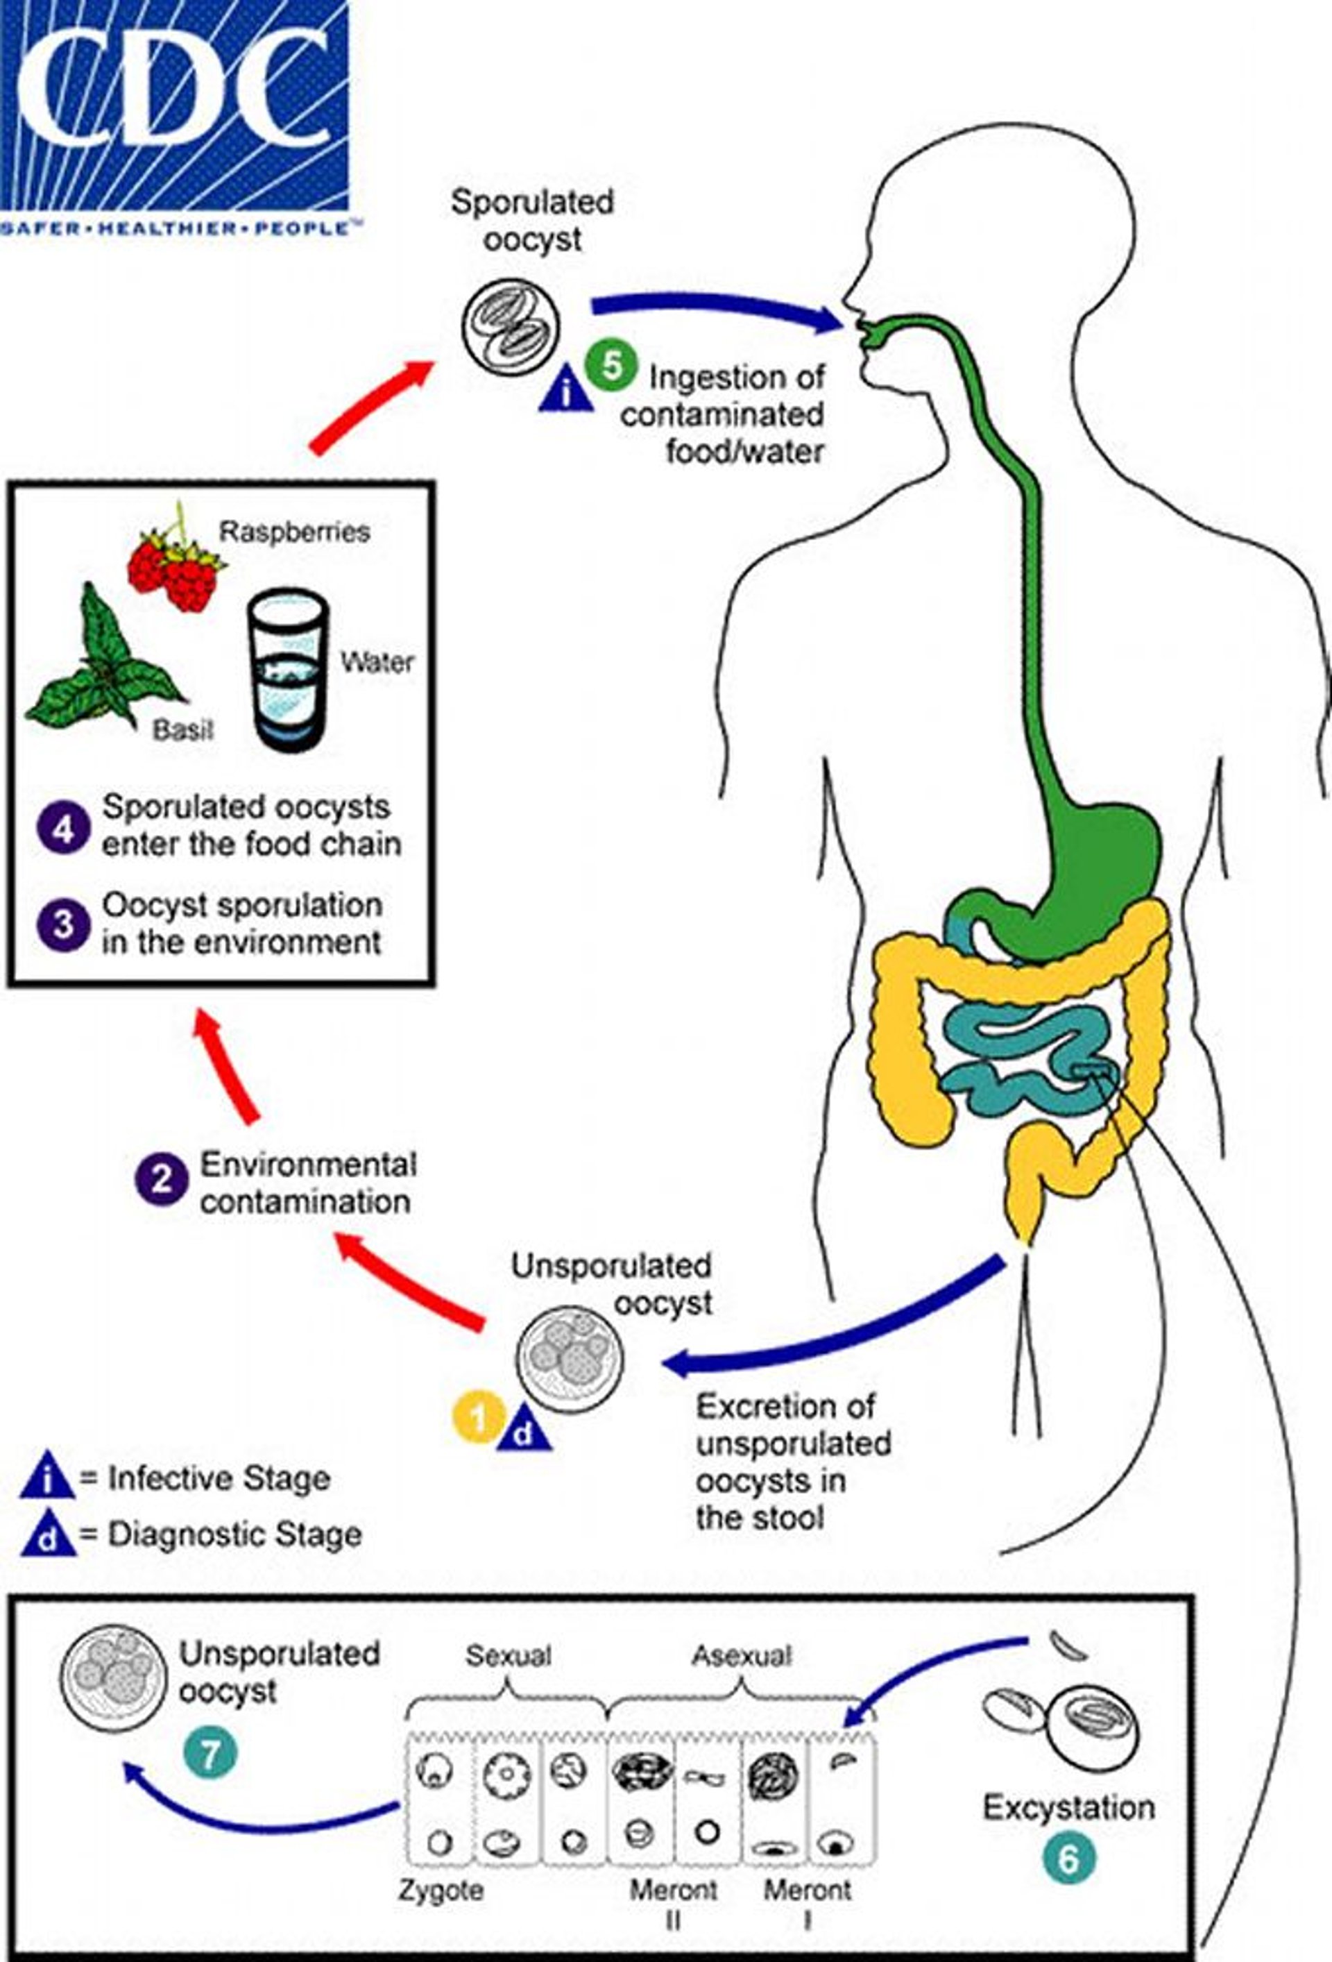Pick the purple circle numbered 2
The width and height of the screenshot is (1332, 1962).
(161, 1181)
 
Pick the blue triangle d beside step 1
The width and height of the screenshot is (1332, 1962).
(524, 1431)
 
